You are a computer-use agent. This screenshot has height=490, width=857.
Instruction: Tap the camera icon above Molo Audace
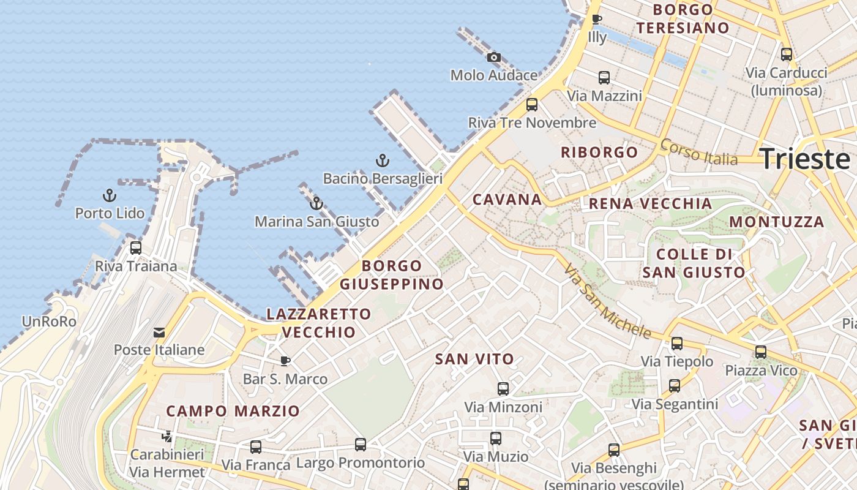tap(493, 58)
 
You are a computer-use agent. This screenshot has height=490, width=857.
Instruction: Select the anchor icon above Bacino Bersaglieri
tap(382, 161)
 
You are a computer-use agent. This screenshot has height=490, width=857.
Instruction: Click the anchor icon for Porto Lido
tap(110, 196)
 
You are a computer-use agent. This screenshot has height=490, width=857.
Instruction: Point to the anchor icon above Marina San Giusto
tap(316, 203)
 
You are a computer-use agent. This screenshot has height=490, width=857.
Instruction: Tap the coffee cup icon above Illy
tap(597, 20)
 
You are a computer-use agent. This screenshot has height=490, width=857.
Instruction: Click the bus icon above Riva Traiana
tap(136, 248)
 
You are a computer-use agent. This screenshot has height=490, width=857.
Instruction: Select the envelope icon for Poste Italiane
tap(159, 333)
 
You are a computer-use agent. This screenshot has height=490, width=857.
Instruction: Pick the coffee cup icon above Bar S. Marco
tap(285, 361)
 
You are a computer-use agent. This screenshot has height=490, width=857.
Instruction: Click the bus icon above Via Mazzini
tap(604, 78)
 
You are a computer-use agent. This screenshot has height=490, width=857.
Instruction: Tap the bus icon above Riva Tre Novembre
tap(532, 105)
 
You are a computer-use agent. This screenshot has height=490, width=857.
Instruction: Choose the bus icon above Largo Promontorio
tap(361, 445)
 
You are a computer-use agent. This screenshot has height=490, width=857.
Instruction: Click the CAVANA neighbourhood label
tap(507, 199)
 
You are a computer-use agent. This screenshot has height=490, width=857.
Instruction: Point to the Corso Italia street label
tap(698, 152)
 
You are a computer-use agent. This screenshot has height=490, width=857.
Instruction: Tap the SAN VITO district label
tap(474, 359)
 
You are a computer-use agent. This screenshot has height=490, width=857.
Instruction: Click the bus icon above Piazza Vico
tap(761, 352)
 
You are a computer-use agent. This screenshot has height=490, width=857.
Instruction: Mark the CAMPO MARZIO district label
tap(233, 411)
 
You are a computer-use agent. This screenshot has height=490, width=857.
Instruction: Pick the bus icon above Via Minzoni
tap(503, 388)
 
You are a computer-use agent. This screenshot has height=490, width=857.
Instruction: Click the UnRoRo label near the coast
tap(49, 322)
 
